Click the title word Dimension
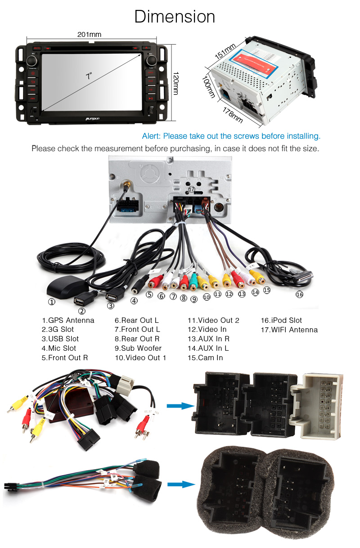[x=175, y=17]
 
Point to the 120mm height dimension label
[x=176, y=83]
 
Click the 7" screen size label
[x=89, y=76]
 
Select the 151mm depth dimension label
[x=225, y=52]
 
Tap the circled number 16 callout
[x=299, y=294]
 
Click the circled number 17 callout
[x=192, y=190]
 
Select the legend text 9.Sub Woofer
[x=138, y=348]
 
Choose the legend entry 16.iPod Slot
[x=281, y=320]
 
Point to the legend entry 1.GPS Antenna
[x=68, y=320]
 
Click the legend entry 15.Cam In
[x=205, y=358]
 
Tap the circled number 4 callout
[x=134, y=301]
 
